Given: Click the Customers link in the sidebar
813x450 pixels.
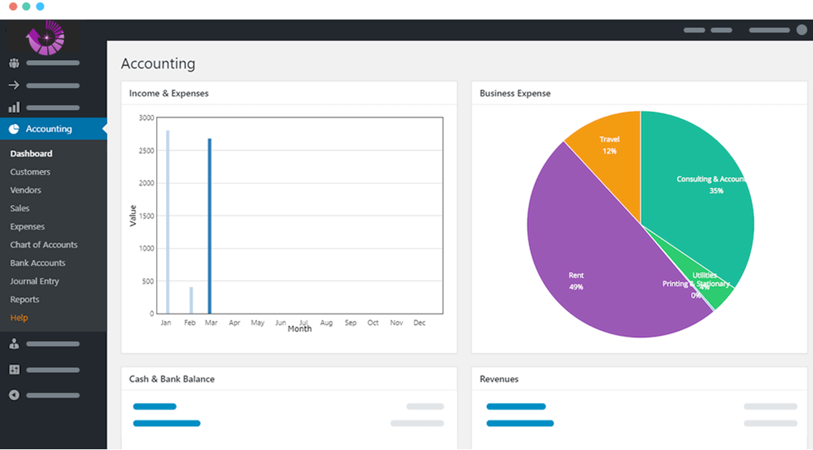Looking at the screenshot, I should pos(30,172).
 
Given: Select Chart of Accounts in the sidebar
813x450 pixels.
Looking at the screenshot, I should pos(44,245).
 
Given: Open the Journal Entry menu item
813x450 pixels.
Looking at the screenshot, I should pos(34,281).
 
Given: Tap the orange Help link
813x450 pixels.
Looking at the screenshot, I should pos(19,318).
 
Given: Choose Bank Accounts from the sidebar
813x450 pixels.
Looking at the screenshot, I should pos(38,263).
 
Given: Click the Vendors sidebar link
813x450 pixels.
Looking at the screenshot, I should pos(25,190).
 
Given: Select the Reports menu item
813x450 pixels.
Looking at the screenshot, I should pos(25,299).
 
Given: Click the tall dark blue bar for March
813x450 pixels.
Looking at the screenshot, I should pos(210,225).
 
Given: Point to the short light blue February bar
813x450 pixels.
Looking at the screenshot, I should pos(192,300).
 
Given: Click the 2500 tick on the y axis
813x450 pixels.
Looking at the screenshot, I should pos(146,150).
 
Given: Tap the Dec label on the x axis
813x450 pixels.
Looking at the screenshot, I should pos(419,323).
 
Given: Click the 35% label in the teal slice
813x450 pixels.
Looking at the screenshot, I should pos(716,191).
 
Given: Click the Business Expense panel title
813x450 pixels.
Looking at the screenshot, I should pos(515,94).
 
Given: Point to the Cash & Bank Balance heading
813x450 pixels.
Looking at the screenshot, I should pos(171,379).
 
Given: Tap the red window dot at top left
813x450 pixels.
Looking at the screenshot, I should pos(13,7).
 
